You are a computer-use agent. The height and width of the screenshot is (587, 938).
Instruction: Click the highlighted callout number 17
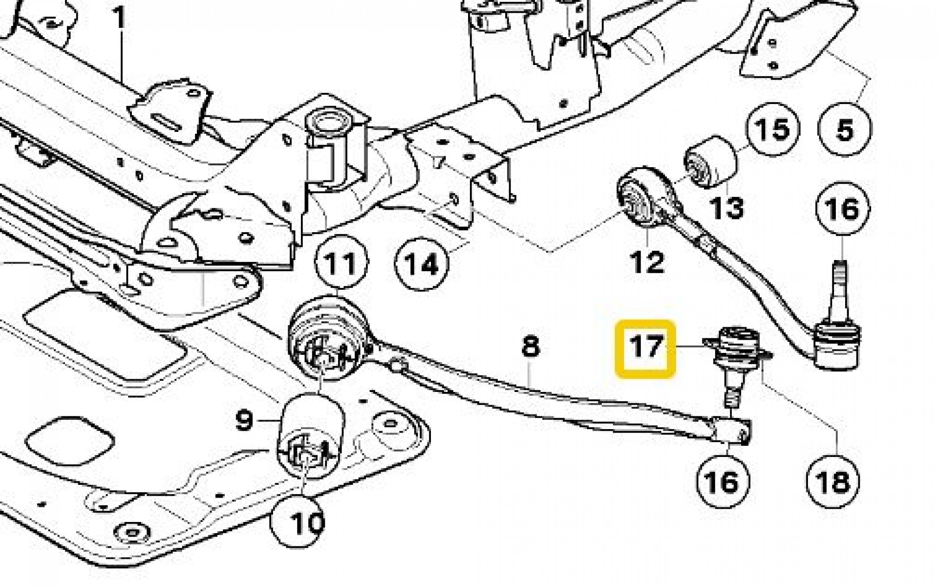click(x=645, y=349)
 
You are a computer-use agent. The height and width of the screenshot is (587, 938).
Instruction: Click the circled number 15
click(x=773, y=130)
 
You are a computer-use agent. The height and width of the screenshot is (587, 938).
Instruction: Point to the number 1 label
click(x=119, y=18)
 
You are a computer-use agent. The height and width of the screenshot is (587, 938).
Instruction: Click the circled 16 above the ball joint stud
click(x=843, y=209)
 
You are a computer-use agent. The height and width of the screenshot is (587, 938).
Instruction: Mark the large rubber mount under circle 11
click(x=326, y=345)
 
